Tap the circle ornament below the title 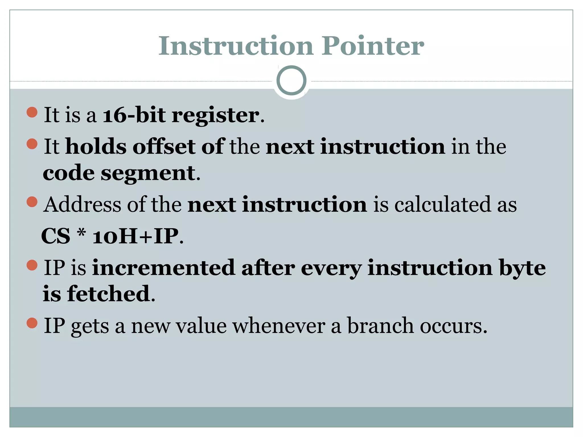click(291, 81)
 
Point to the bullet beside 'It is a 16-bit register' click(32, 112)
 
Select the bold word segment click(148, 174)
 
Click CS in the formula click(56, 236)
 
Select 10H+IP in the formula click(136, 236)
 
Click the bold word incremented click(164, 268)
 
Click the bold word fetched click(109, 294)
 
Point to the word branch click(380, 326)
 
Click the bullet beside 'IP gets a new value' click(32, 323)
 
